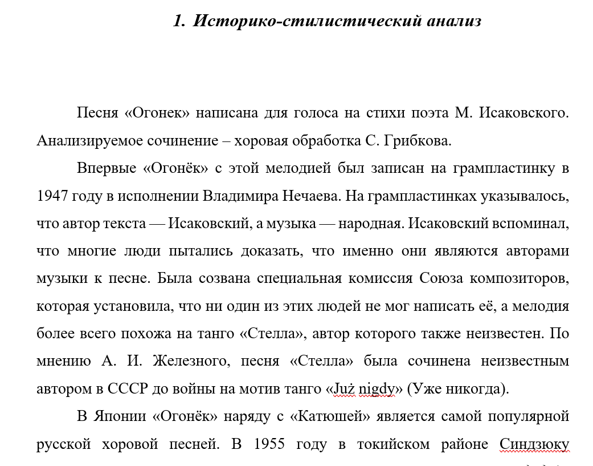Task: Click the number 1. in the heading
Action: pyautogui.click(x=179, y=22)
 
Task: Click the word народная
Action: pyautogui.click(x=370, y=224)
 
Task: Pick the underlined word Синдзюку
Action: pyautogui.click(x=534, y=444)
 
